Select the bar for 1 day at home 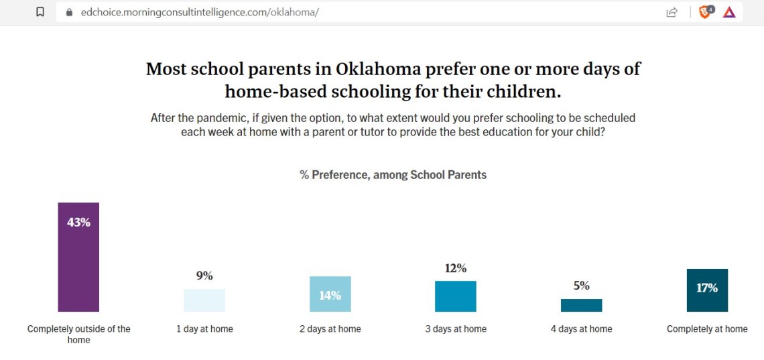pos(204,300)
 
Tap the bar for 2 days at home pos(330,294)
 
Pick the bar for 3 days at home pos(456,296)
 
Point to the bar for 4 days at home pos(581,305)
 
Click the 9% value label pos(204,276)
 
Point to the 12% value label pos(456,268)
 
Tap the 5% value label pos(581,286)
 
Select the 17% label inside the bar pos(707,288)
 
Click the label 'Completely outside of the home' pos(78,334)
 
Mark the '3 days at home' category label pos(456,329)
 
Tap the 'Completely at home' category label pos(707,329)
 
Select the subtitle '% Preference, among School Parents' pos(393,175)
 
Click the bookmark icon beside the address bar pos(40,12)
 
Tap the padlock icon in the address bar pos(68,12)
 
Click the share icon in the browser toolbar pos(671,12)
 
